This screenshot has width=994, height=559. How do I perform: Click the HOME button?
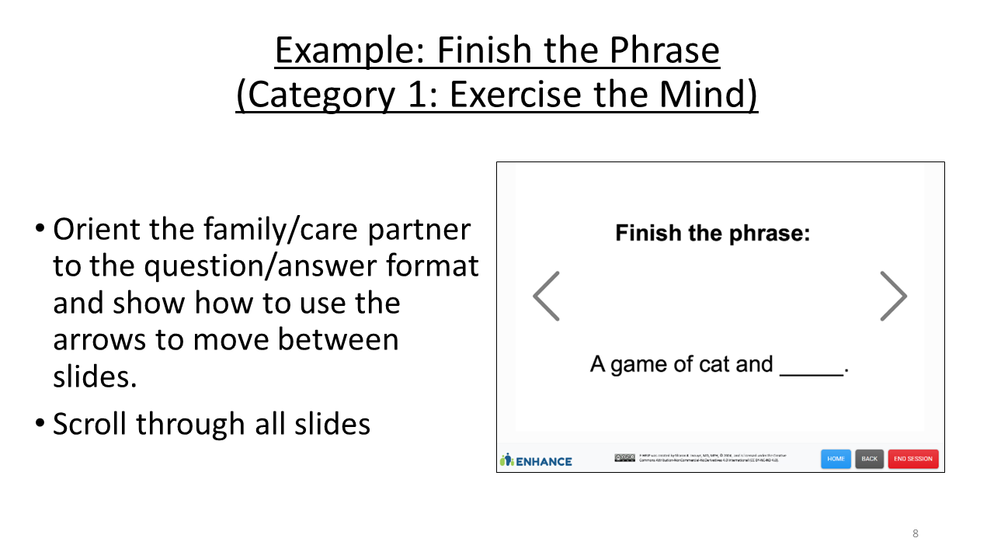pyautogui.click(x=836, y=459)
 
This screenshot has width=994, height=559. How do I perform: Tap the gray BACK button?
pyautogui.click(x=869, y=459)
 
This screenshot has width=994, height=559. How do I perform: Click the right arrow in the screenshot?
pyautogui.click(x=893, y=296)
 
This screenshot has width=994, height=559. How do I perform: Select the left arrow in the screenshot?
pyautogui.click(x=547, y=296)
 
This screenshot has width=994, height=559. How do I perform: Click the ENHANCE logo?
pyautogui.click(x=537, y=460)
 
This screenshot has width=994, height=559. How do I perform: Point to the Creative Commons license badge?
pyautogui.click(x=624, y=458)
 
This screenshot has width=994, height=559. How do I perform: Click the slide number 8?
pyautogui.click(x=916, y=533)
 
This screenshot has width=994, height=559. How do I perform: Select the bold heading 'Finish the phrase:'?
pyautogui.click(x=712, y=233)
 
